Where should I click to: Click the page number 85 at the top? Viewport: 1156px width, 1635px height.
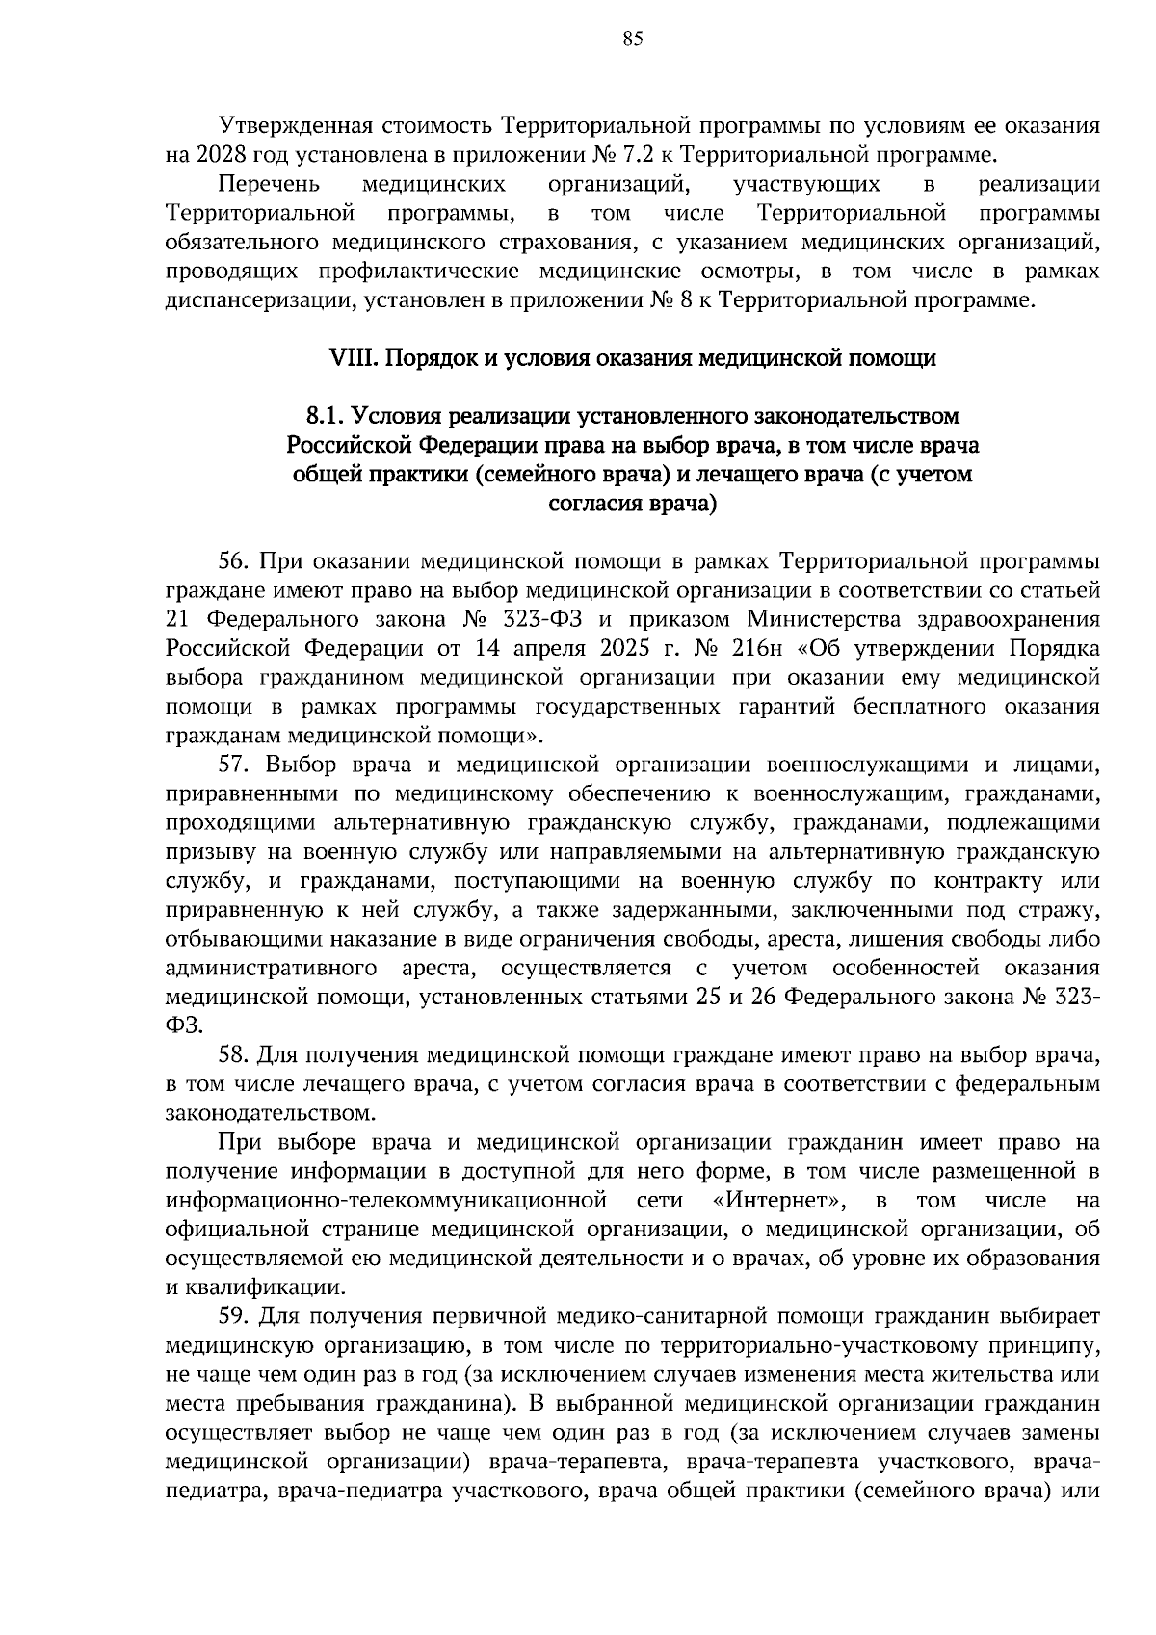tap(632, 39)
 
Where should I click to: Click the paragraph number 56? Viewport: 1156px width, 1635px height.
tap(235, 561)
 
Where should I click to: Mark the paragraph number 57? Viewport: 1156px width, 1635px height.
tap(235, 766)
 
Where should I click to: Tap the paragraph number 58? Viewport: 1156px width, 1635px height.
tap(235, 1055)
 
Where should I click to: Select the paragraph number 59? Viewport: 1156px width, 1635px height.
tap(235, 1316)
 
